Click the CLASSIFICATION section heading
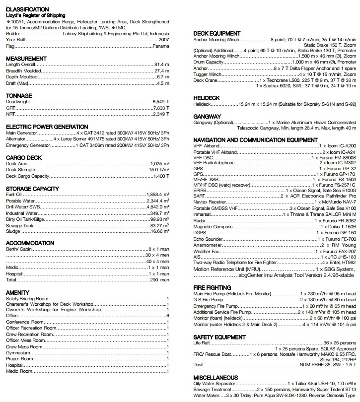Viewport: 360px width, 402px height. (27, 9)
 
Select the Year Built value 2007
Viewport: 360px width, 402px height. (163, 39)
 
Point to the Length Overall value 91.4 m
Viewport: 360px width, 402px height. (162, 65)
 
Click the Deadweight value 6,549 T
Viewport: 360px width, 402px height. (161, 101)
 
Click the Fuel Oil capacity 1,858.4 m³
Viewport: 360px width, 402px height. (158, 194)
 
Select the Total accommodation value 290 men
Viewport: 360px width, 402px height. (160, 280)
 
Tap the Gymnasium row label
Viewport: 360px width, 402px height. (19, 352)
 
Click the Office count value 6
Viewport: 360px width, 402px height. (168, 316)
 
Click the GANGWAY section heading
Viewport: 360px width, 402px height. (207, 116)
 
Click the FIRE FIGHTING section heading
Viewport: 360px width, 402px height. (212, 287)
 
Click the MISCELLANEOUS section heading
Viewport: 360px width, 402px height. (216, 378)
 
